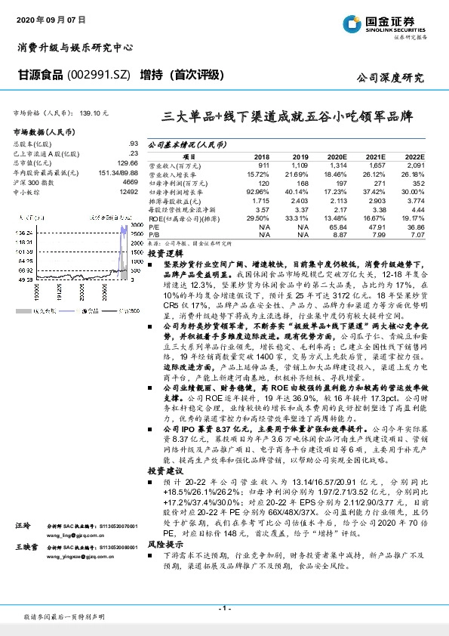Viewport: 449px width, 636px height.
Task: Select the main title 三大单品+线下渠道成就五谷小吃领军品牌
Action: pos(288,117)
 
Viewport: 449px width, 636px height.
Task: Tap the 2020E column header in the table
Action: pos(337,156)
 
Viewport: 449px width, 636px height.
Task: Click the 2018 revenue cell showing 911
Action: pos(263,165)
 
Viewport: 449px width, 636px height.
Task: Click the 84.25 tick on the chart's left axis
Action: pos(24,258)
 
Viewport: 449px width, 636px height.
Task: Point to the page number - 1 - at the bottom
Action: pos(224,607)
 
